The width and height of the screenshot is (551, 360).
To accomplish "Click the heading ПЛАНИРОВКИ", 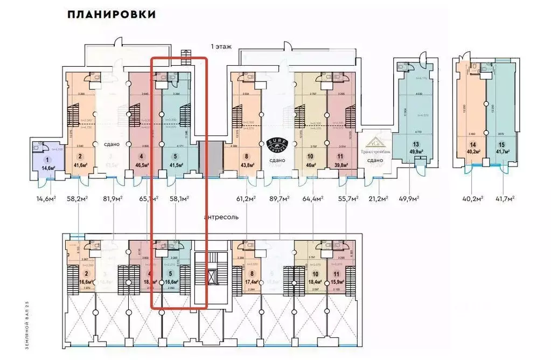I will coord(111,15).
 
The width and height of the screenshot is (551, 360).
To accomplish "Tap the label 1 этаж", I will coord(221,47).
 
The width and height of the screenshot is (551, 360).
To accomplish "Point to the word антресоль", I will coord(221,217).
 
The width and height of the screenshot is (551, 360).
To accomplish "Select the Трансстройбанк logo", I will coord(375,143).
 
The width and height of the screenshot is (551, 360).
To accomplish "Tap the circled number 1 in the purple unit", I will coord(47,160).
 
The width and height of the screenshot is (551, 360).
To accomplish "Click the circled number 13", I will coord(415,144).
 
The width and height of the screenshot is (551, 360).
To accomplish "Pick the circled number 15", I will coord(501,144).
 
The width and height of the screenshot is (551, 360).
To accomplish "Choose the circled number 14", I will coord(473,144).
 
